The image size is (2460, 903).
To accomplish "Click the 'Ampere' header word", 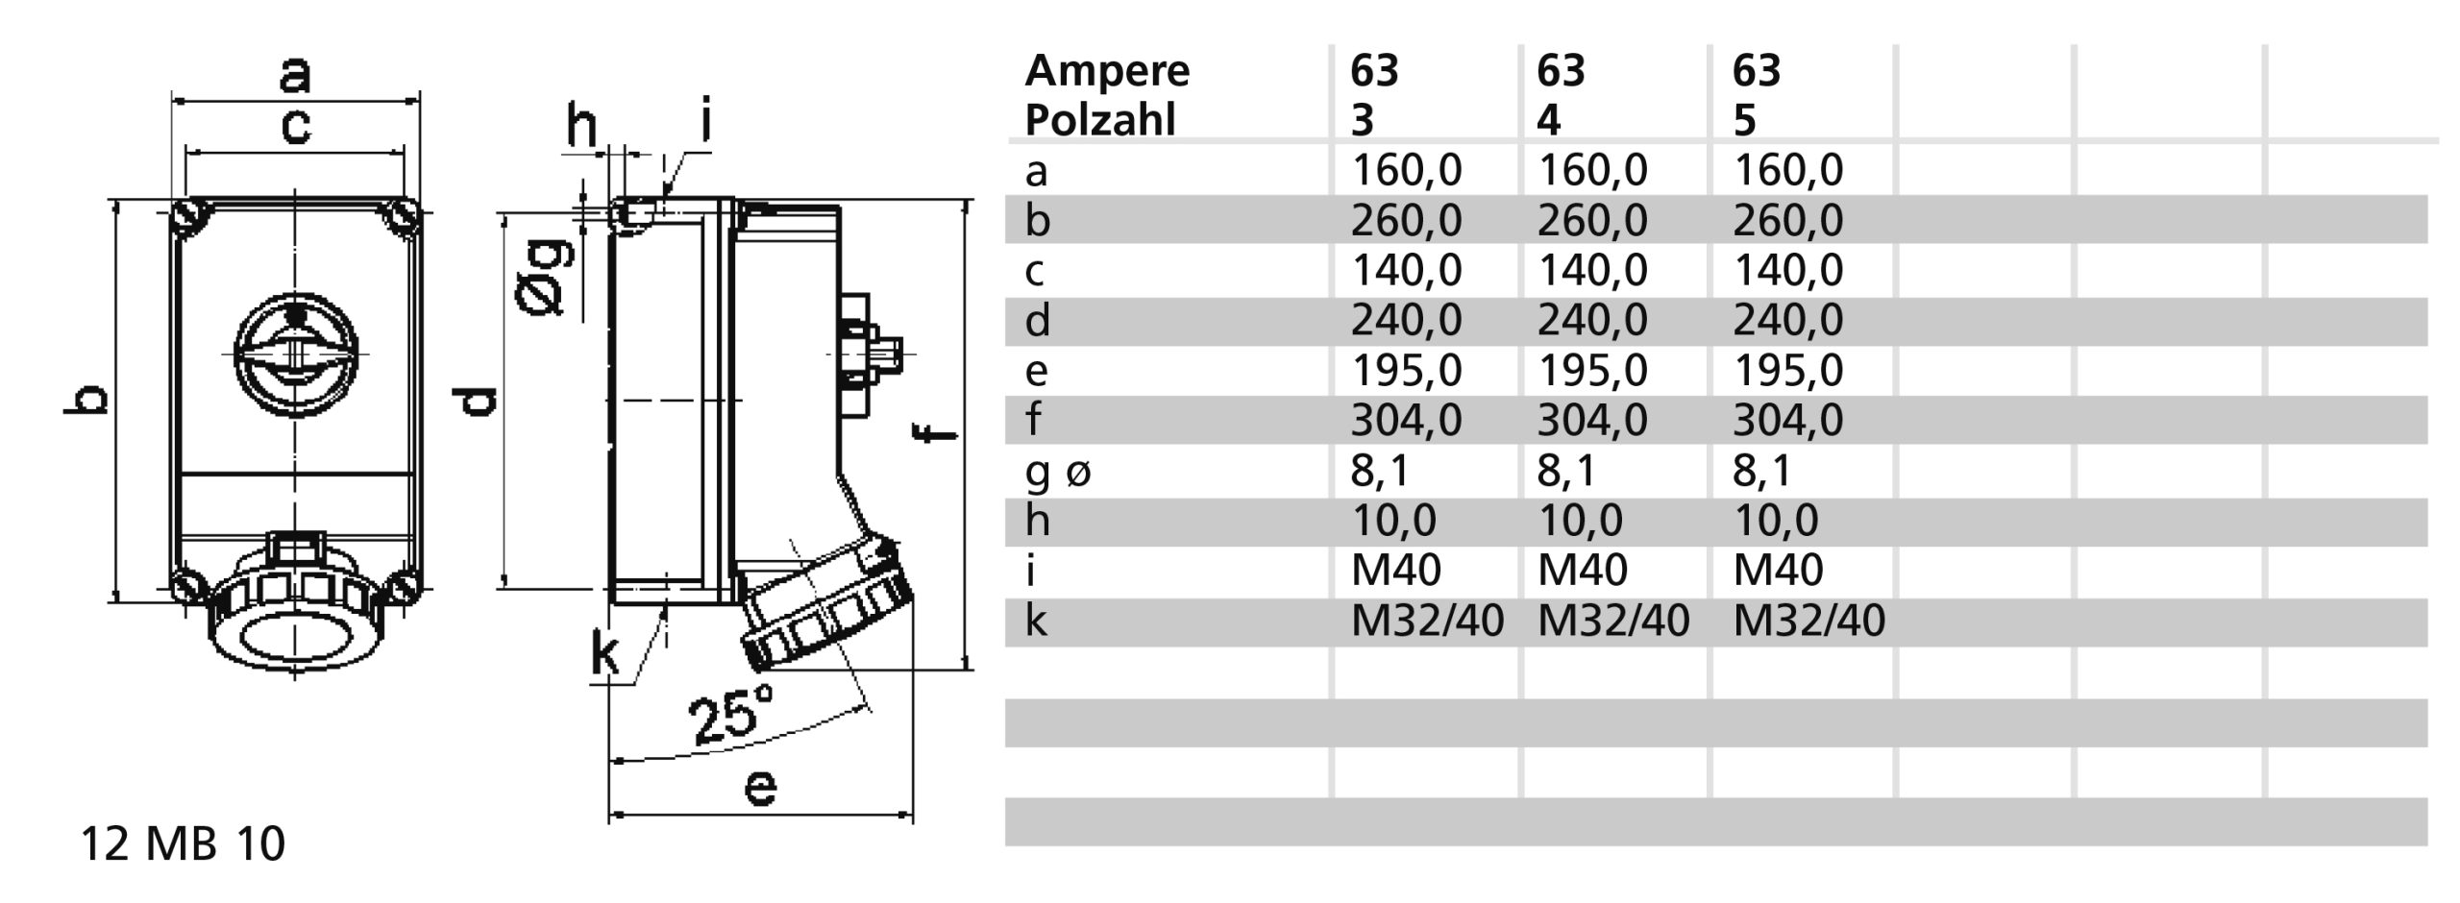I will tap(1107, 72).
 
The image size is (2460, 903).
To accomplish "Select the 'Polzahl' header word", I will tap(1099, 122).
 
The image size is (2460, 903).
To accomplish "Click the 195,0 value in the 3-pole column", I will tap(1406, 371).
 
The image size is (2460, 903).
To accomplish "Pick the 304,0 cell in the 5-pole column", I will tap(1787, 421).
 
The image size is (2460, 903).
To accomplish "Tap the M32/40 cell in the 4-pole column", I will tap(1612, 622).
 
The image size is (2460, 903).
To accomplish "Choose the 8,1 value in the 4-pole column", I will tap(1566, 471).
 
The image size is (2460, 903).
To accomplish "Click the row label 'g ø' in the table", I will tap(1058, 472).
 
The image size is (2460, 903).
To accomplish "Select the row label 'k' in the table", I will tap(1035, 622).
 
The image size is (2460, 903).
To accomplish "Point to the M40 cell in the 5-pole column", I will tap(1778, 571).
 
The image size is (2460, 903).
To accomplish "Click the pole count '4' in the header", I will tap(1548, 122).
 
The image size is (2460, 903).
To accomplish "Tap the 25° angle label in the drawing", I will tap(731, 716).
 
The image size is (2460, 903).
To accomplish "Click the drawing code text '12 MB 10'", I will tap(183, 844).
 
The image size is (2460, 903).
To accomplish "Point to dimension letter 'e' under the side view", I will tap(760, 788).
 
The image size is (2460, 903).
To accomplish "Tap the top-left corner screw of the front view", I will tap(190, 217).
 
